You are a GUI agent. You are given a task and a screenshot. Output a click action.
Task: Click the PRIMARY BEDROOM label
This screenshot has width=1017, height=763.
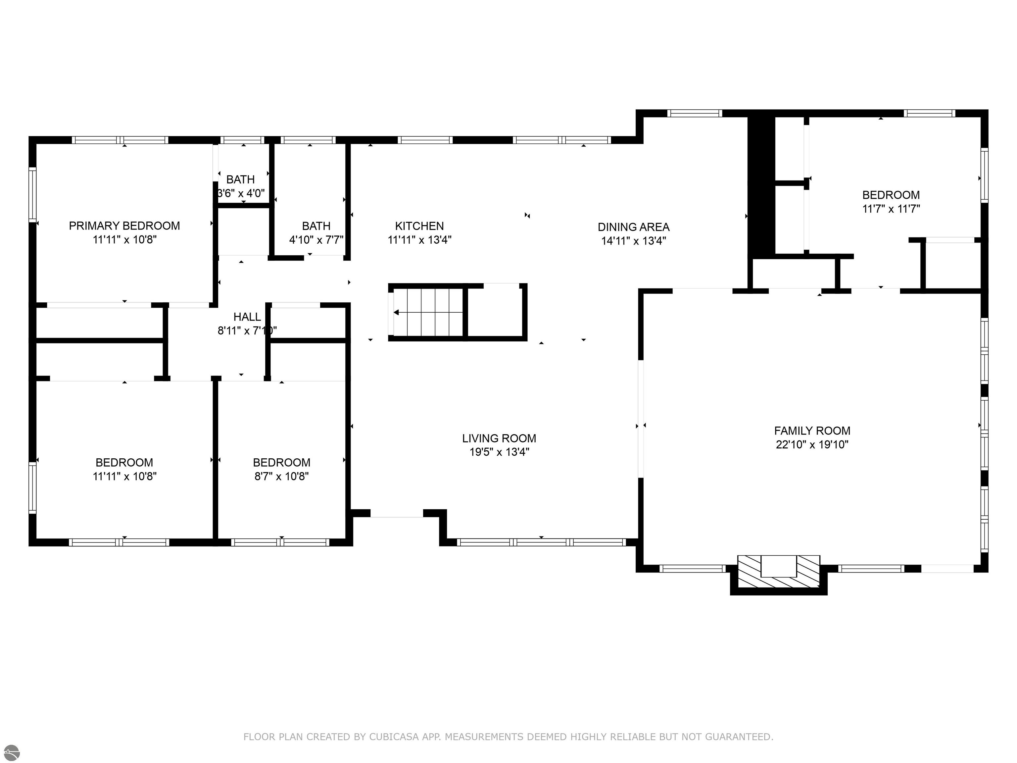point(124,226)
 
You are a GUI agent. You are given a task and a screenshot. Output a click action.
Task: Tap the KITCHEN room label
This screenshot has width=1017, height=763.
point(419,226)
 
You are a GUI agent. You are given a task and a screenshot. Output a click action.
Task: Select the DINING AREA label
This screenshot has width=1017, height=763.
point(634,227)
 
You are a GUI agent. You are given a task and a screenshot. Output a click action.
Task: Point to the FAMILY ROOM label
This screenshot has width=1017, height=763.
point(812,431)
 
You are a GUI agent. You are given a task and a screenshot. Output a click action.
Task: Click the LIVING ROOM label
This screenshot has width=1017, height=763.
point(499,438)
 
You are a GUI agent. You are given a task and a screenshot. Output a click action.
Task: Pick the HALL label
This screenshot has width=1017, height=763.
point(247,317)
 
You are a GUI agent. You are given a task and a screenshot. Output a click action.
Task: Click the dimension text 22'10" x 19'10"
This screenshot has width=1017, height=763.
point(812,445)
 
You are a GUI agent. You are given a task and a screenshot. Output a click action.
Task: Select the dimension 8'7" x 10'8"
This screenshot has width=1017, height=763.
point(281,476)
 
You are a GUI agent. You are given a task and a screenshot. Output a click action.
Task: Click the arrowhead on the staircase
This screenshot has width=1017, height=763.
point(396,313)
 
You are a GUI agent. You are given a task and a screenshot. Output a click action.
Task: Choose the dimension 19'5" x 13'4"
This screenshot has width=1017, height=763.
point(499,452)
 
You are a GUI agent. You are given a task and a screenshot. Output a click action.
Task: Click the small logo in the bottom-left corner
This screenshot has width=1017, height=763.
point(11,753)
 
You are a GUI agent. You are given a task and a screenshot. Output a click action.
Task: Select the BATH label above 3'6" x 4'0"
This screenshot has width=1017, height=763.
point(240,179)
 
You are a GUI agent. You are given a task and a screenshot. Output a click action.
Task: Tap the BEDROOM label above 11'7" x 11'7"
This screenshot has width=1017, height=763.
point(891,195)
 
